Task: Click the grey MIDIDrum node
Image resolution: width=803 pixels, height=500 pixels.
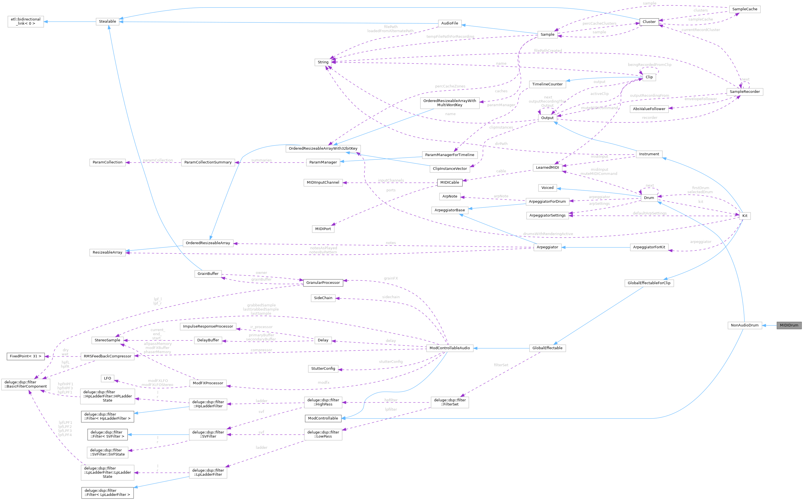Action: point(789,325)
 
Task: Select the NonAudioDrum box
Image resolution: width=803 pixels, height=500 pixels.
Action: point(744,325)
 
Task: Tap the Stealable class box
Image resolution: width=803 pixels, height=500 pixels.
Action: point(107,22)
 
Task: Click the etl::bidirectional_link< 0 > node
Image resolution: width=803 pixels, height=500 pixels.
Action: point(26,22)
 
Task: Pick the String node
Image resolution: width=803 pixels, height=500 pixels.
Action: point(323,62)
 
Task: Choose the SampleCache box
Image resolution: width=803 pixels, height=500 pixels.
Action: point(744,9)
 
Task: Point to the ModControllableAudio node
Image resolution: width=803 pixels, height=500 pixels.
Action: point(450,348)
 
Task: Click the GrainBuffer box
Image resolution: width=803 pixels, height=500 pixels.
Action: point(208,274)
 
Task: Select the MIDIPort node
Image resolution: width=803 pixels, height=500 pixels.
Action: point(323,229)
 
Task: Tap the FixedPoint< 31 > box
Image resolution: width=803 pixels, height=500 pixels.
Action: point(26,356)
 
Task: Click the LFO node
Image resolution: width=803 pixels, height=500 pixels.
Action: point(107,378)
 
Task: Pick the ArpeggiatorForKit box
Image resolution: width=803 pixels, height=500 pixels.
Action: point(649,247)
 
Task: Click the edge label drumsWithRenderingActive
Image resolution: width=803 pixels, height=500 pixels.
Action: point(548,234)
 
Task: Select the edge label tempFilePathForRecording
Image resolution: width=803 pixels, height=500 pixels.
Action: point(450,36)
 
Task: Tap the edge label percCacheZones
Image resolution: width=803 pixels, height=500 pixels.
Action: point(450,86)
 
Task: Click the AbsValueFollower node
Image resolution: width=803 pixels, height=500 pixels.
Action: point(649,109)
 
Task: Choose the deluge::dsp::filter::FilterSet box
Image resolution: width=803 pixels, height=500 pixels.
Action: point(450,402)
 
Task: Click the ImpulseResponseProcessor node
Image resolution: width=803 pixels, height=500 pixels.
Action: point(208,327)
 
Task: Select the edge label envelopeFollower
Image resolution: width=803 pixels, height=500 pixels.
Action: point(700,99)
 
